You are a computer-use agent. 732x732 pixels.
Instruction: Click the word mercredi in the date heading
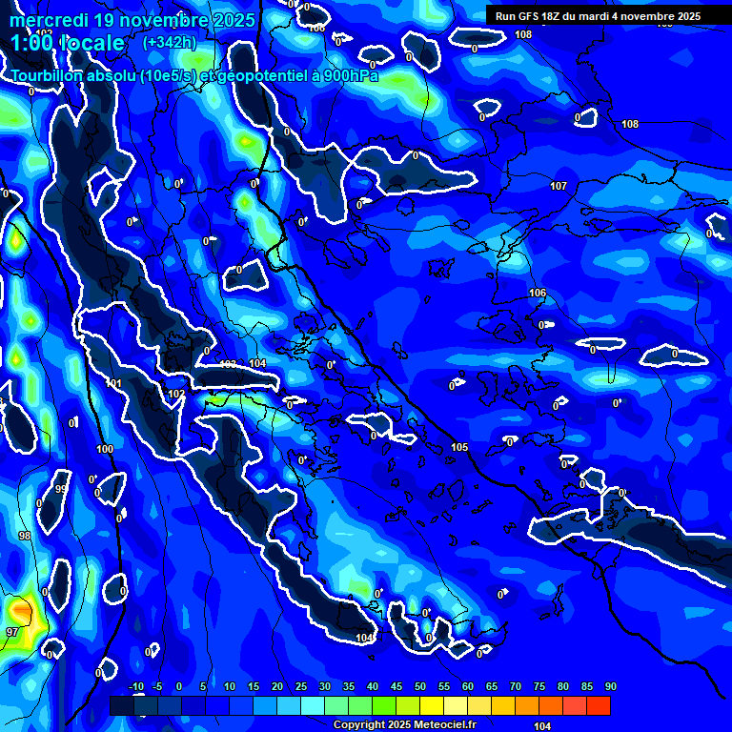click(47, 20)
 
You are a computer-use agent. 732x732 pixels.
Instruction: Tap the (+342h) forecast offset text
click(169, 42)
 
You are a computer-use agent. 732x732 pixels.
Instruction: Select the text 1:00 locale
click(68, 43)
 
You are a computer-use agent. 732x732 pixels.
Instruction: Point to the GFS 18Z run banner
click(598, 16)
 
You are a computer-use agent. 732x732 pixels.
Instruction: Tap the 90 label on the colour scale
click(610, 686)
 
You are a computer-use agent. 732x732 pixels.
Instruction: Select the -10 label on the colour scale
click(134, 686)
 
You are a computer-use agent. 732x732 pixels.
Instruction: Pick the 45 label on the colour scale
click(396, 686)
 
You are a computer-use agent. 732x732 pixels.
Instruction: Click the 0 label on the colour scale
click(179, 686)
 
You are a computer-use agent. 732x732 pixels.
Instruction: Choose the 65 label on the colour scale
click(491, 686)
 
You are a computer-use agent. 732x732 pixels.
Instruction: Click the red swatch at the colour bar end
click(598, 705)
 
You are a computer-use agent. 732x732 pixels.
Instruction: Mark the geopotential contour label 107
click(559, 186)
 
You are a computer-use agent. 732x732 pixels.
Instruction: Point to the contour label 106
click(538, 293)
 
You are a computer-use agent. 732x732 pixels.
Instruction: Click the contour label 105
click(459, 447)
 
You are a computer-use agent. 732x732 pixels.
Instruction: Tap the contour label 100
click(105, 449)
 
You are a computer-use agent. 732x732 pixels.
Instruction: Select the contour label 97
click(12, 632)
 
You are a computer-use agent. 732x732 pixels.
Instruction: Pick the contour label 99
click(61, 489)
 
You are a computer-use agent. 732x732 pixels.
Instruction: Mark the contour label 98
click(25, 537)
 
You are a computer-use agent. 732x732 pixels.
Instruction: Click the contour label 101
click(114, 384)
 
